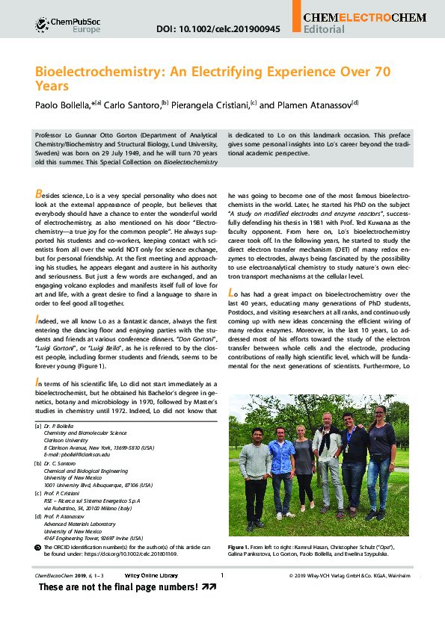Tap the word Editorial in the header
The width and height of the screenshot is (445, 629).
click(325, 30)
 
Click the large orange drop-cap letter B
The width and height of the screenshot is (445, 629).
click(39, 193)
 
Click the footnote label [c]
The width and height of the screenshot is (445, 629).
click(38, 493)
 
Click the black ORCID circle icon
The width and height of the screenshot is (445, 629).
click(39, 548)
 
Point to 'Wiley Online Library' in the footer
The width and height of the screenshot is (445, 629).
click(150, 575)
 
